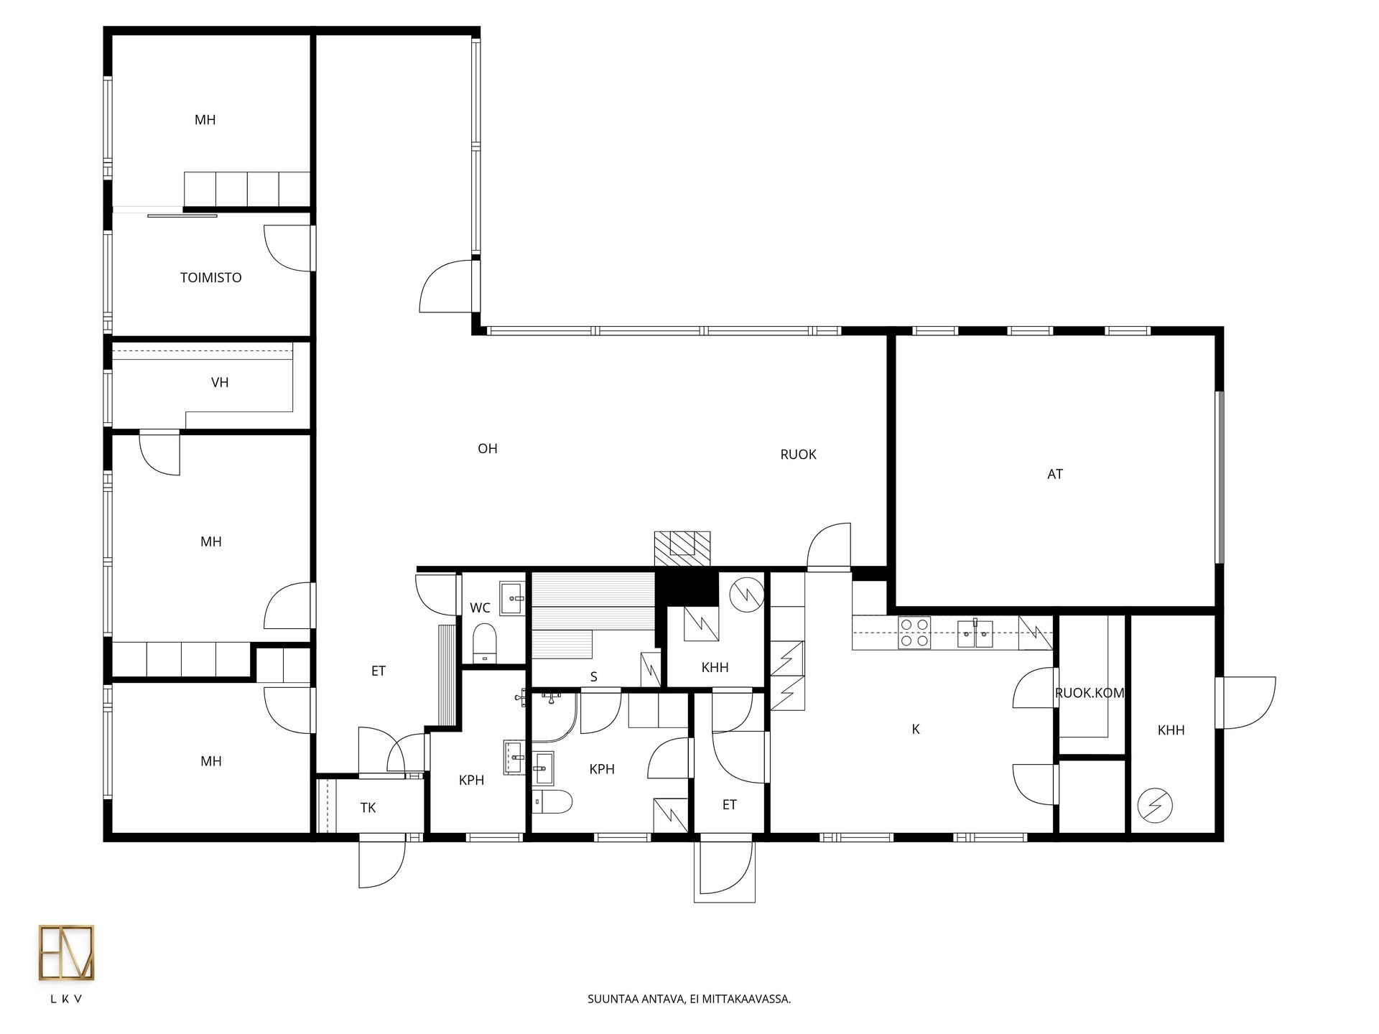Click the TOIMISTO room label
tap(210, 278)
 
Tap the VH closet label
tap(220, 383)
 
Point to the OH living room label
tap(488, 449)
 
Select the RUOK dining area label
tap(798, 455)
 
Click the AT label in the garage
tap(1055, 474)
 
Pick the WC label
tap(480, 608)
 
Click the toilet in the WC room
tap(485, 642)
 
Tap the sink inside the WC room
tap(513, 598)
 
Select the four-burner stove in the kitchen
tap(914, 633)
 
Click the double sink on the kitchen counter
tap(975, 633)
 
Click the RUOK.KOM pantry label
tap(1089, 694)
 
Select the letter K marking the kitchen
tap(916, 730)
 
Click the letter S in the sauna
tap(594, 677)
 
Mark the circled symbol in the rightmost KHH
tap(1152, 806)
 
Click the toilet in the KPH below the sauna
tap(552, 801)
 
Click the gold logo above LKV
tap(66, 952)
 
